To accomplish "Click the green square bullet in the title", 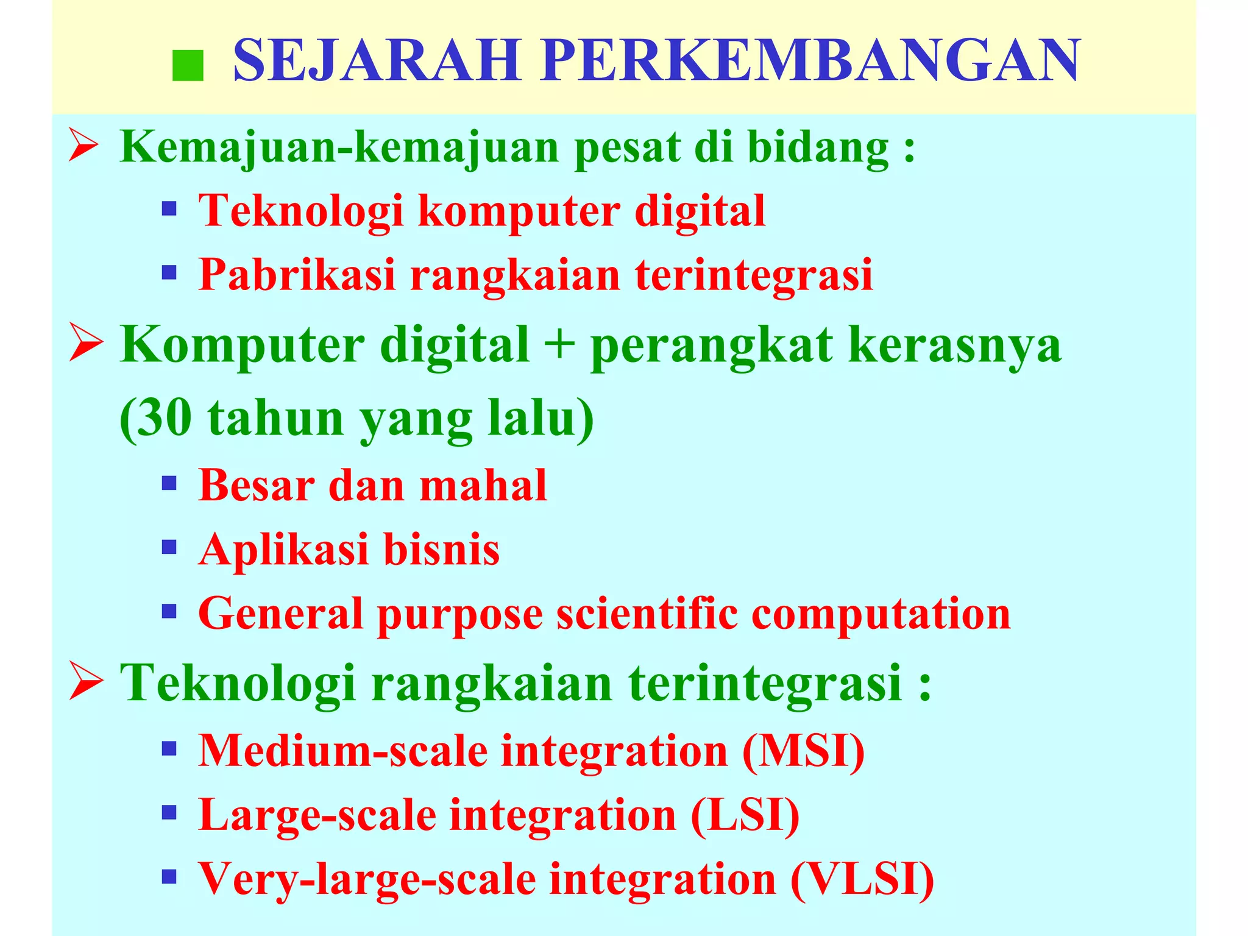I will click(188, 66).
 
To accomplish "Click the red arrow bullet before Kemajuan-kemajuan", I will click(83, 147).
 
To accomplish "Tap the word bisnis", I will click(441, 550).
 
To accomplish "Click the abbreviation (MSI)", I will click(804, 751).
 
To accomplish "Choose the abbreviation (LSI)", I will click(745, 815).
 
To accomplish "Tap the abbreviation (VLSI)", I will click(862, 879).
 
